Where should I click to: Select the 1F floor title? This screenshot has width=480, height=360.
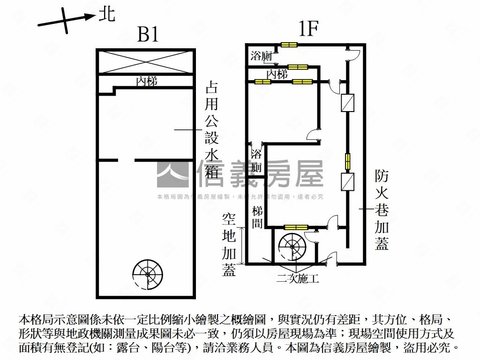pyautogui.click(x=308, y=30)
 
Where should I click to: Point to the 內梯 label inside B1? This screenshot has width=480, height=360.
pyautogui.click(x=146, y=82)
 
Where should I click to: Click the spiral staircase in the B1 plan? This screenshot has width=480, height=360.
pyautogui.click(x=147, y=273)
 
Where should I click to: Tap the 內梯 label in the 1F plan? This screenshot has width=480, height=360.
pyautogui.click(x=277, y=74)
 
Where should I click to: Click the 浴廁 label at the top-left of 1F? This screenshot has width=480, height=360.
pyautogui.click(x=262, y=56)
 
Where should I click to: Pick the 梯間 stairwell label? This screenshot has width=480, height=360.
pyautogui.click(x=257, y=217)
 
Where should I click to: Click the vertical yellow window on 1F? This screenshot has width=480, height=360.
pyautogui.click(x=347, y=161)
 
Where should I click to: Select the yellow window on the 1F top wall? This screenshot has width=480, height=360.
pyautogui.click(x=289, y=45)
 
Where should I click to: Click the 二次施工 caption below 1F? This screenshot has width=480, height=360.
pyautogui.click(x=298, y=279)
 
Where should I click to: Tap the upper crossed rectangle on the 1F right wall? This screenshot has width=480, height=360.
pyautogui.click(x=347, y=103)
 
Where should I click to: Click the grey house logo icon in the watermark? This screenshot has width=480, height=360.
pyautogui.click(x=173, y=174)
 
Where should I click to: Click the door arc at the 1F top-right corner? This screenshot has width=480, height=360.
pyautogui.click(x=352, y=55)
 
